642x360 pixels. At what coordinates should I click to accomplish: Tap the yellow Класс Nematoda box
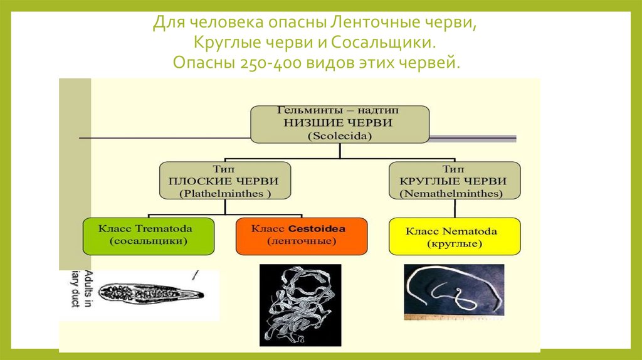(x=455, y=236)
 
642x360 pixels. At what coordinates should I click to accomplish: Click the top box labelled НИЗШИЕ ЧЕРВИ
(x=340, y=123)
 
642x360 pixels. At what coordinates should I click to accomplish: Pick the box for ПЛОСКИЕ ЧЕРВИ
(x=224, y=181)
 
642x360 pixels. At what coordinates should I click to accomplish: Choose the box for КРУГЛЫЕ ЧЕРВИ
(x=455, y=181)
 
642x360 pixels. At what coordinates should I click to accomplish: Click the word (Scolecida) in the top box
(x=340, y=135)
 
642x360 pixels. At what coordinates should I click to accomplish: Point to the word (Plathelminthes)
(x=224, y=194)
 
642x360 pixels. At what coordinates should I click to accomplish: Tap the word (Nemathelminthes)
(x=455, y=194)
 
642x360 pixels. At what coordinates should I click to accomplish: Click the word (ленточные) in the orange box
(x=298, y=241)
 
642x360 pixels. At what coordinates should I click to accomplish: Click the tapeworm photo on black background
(x=300, y=305)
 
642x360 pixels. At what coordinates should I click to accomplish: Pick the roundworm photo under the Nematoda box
(x=453, y=292)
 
